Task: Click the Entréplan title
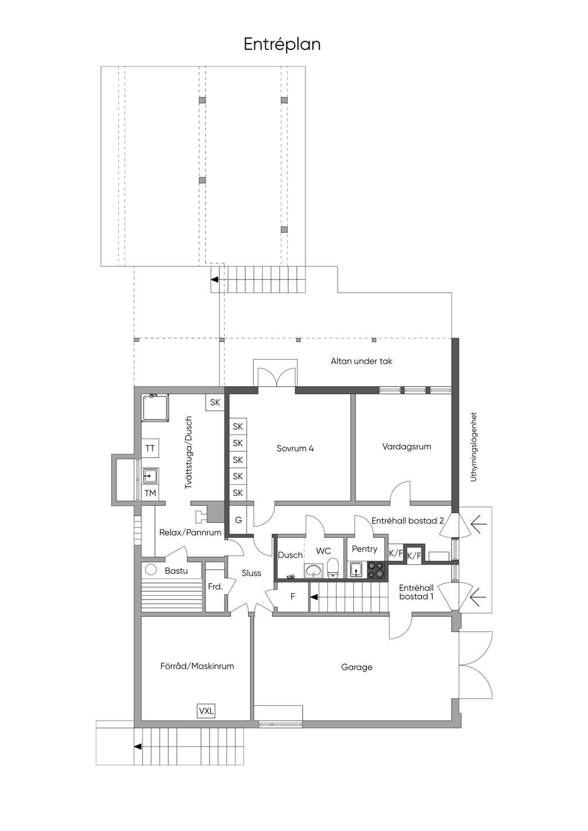[x=282, y=45]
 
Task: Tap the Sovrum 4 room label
[x=295, y=449]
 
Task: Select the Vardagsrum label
[x=407, y=446]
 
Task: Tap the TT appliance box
[x=150, y=449]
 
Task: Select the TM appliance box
[x=150, y=494]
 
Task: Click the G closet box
[x=238, y=520]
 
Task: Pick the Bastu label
[x=176, y=570]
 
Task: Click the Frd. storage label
[x=215, y=587]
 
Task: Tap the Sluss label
[x=252, y=573]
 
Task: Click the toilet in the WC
[x=333, y=568]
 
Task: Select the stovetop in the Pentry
[x=377, y=570]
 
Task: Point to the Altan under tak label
[x=361, y=361]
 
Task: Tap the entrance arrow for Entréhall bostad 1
[x=478, y=596]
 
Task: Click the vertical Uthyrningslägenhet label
[x=473, y=446]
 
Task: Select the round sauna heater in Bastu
[x=151, y=569]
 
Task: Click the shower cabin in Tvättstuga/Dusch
[x=156, y=407]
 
